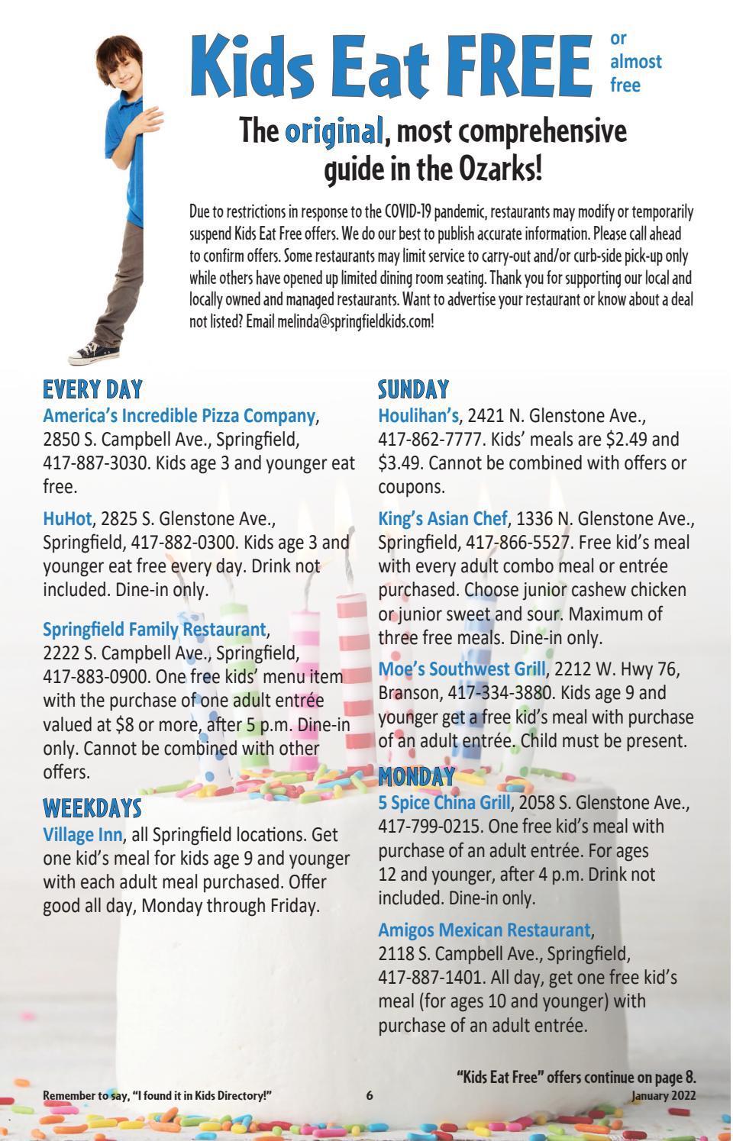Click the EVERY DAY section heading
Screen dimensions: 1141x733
[92, 390]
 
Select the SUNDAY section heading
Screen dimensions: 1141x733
[413, 390]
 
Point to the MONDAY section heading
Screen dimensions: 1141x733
[416, 777]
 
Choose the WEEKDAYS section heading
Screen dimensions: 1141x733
[92, 808]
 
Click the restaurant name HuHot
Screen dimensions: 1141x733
[67, 519]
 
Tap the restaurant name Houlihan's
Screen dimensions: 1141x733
[419, 416]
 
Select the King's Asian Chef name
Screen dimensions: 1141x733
[442, 519]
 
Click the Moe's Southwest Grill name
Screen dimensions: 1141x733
[462, 669]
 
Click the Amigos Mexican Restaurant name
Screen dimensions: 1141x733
[484, 930]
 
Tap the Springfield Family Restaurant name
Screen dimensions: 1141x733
[153, 630]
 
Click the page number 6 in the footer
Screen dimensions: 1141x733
[370, 1095]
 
